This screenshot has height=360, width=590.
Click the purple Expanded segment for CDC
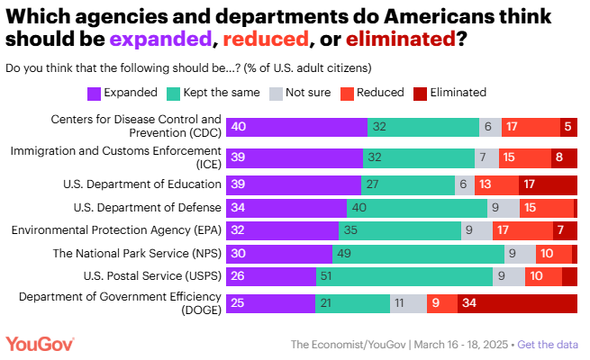coord(295,127)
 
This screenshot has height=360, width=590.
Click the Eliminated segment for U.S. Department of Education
coord(548,184)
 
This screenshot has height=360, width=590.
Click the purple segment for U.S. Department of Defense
coord(286,208)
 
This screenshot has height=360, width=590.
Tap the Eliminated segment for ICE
coord(563,157)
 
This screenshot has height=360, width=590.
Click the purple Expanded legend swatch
coord(95,93)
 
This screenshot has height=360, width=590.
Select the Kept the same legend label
coord(222,92)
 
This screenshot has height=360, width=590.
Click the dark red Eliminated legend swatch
coord(420,93)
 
